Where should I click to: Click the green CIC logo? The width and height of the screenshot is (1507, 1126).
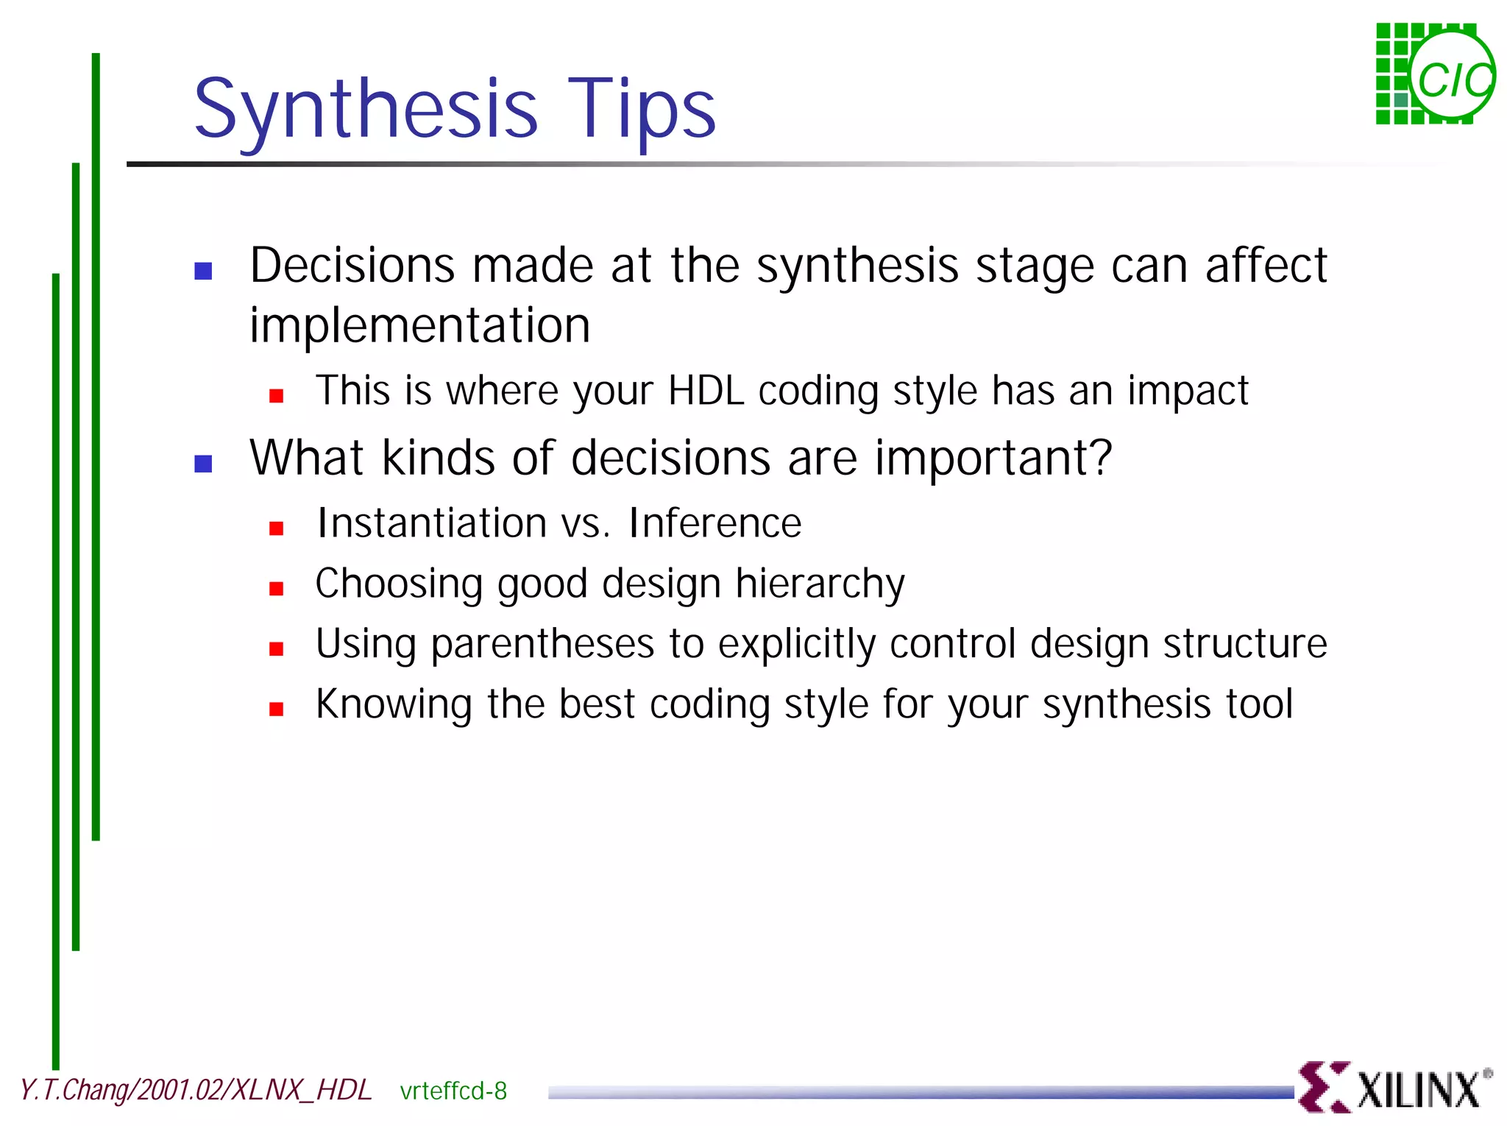(x=1434, y=74)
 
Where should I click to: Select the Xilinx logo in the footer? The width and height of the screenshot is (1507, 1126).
(x=1394, y=1088)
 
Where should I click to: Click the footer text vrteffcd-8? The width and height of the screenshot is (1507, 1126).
(x=453, y=1091)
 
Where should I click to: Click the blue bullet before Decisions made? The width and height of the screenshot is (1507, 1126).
(x=203, y=272)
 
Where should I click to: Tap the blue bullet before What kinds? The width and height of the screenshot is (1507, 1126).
(x=203, y=464)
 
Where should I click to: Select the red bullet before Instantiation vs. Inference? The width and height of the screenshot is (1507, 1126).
(x=277, y=528)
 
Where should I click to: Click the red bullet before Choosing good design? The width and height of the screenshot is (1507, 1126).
(x=277, y=589)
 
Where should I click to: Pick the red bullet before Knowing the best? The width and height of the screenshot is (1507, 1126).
(x=277, y=709)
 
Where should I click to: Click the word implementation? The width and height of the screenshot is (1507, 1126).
(x=419, y=326)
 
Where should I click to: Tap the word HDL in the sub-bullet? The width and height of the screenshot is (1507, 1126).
(x=706, y=391)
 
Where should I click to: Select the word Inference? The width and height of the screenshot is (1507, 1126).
(x=715, y=523)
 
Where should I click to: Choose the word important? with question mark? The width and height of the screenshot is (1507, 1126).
(x=993, y=458)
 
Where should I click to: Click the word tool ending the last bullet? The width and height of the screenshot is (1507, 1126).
(x=1259, y=704)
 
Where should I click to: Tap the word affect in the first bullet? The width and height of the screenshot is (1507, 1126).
(x=1266, y=266)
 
